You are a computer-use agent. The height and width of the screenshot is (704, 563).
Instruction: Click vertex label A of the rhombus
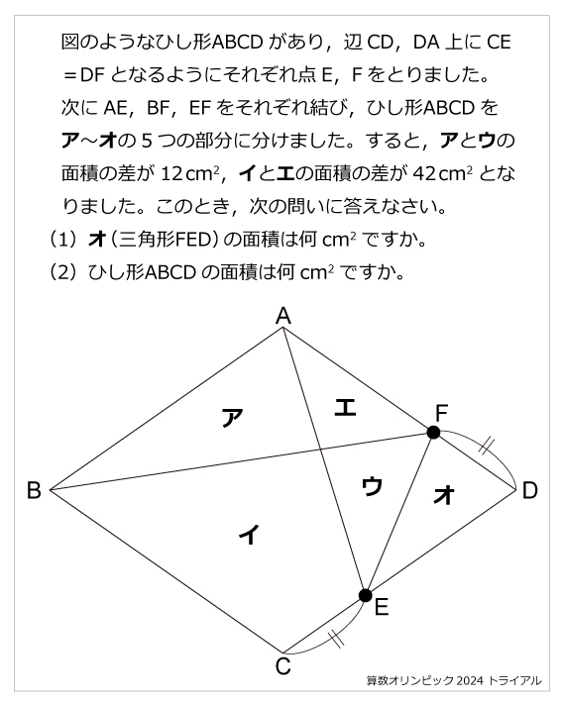pos(283,316)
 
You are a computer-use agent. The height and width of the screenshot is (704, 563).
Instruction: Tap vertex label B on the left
pos(33,490)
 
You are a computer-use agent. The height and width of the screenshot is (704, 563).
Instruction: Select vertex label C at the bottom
pos(283,666)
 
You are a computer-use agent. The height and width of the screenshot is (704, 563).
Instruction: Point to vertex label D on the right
pos(530,490)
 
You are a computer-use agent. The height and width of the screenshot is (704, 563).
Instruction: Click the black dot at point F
pos(433,433)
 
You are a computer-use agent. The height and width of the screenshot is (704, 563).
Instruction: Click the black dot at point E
pos(365,595)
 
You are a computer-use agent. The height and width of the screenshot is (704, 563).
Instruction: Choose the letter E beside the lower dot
pos(382,609)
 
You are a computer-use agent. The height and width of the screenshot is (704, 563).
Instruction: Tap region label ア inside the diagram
pos(231,417)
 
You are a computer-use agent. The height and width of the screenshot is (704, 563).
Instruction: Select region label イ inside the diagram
pos(249,535)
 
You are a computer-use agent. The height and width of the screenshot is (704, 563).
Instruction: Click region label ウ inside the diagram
pos(372,485)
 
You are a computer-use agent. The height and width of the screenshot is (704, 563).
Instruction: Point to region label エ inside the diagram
pos(344,406)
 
